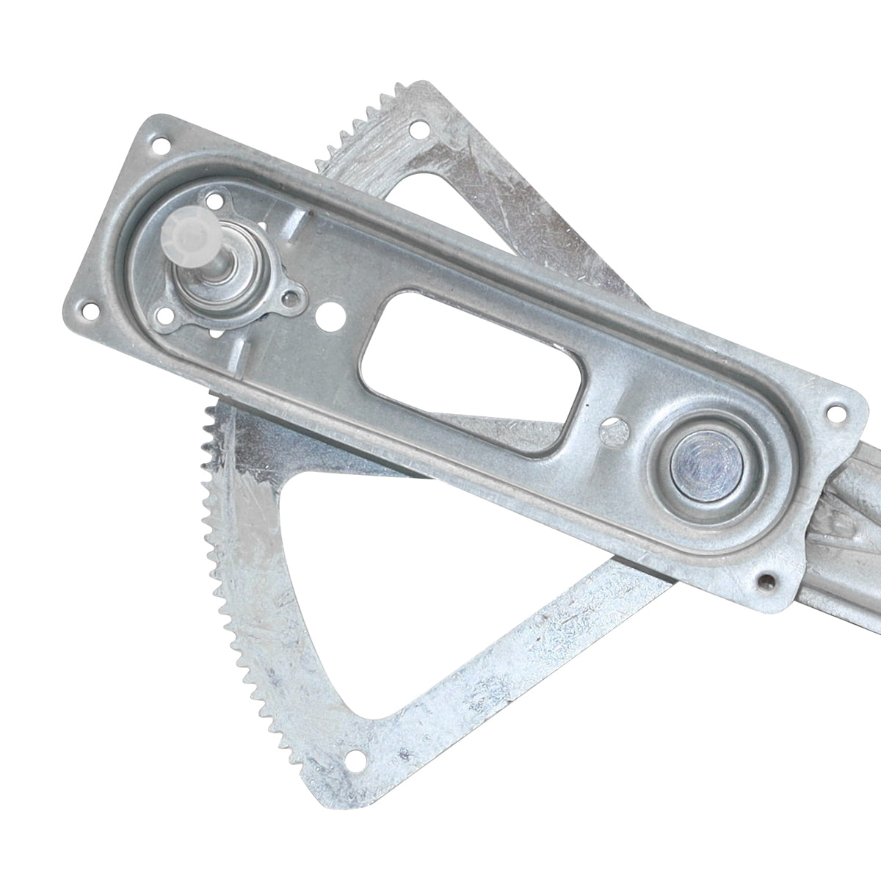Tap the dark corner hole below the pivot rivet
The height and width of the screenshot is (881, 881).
[767, 582]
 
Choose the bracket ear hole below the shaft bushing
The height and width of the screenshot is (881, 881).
[166, 315]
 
